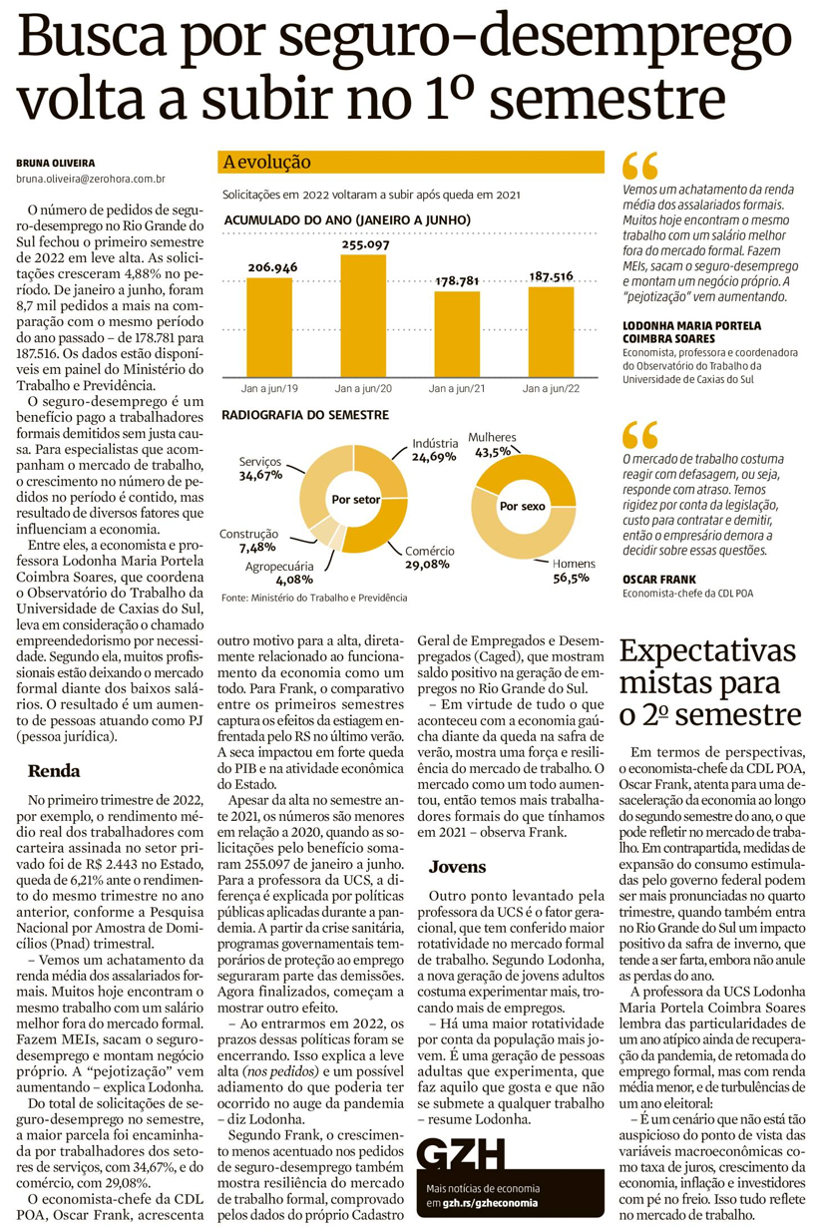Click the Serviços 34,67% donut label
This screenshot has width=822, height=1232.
pos(260,469)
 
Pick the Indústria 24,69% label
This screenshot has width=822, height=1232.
pos(434,449)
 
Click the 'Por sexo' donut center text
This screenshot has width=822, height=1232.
pos(522,506)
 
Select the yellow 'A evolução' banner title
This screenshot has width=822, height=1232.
pos(267,162)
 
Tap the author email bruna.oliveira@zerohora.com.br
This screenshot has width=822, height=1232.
pos(90,179)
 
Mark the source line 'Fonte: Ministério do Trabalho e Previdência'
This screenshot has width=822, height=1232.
pos(314,597)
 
